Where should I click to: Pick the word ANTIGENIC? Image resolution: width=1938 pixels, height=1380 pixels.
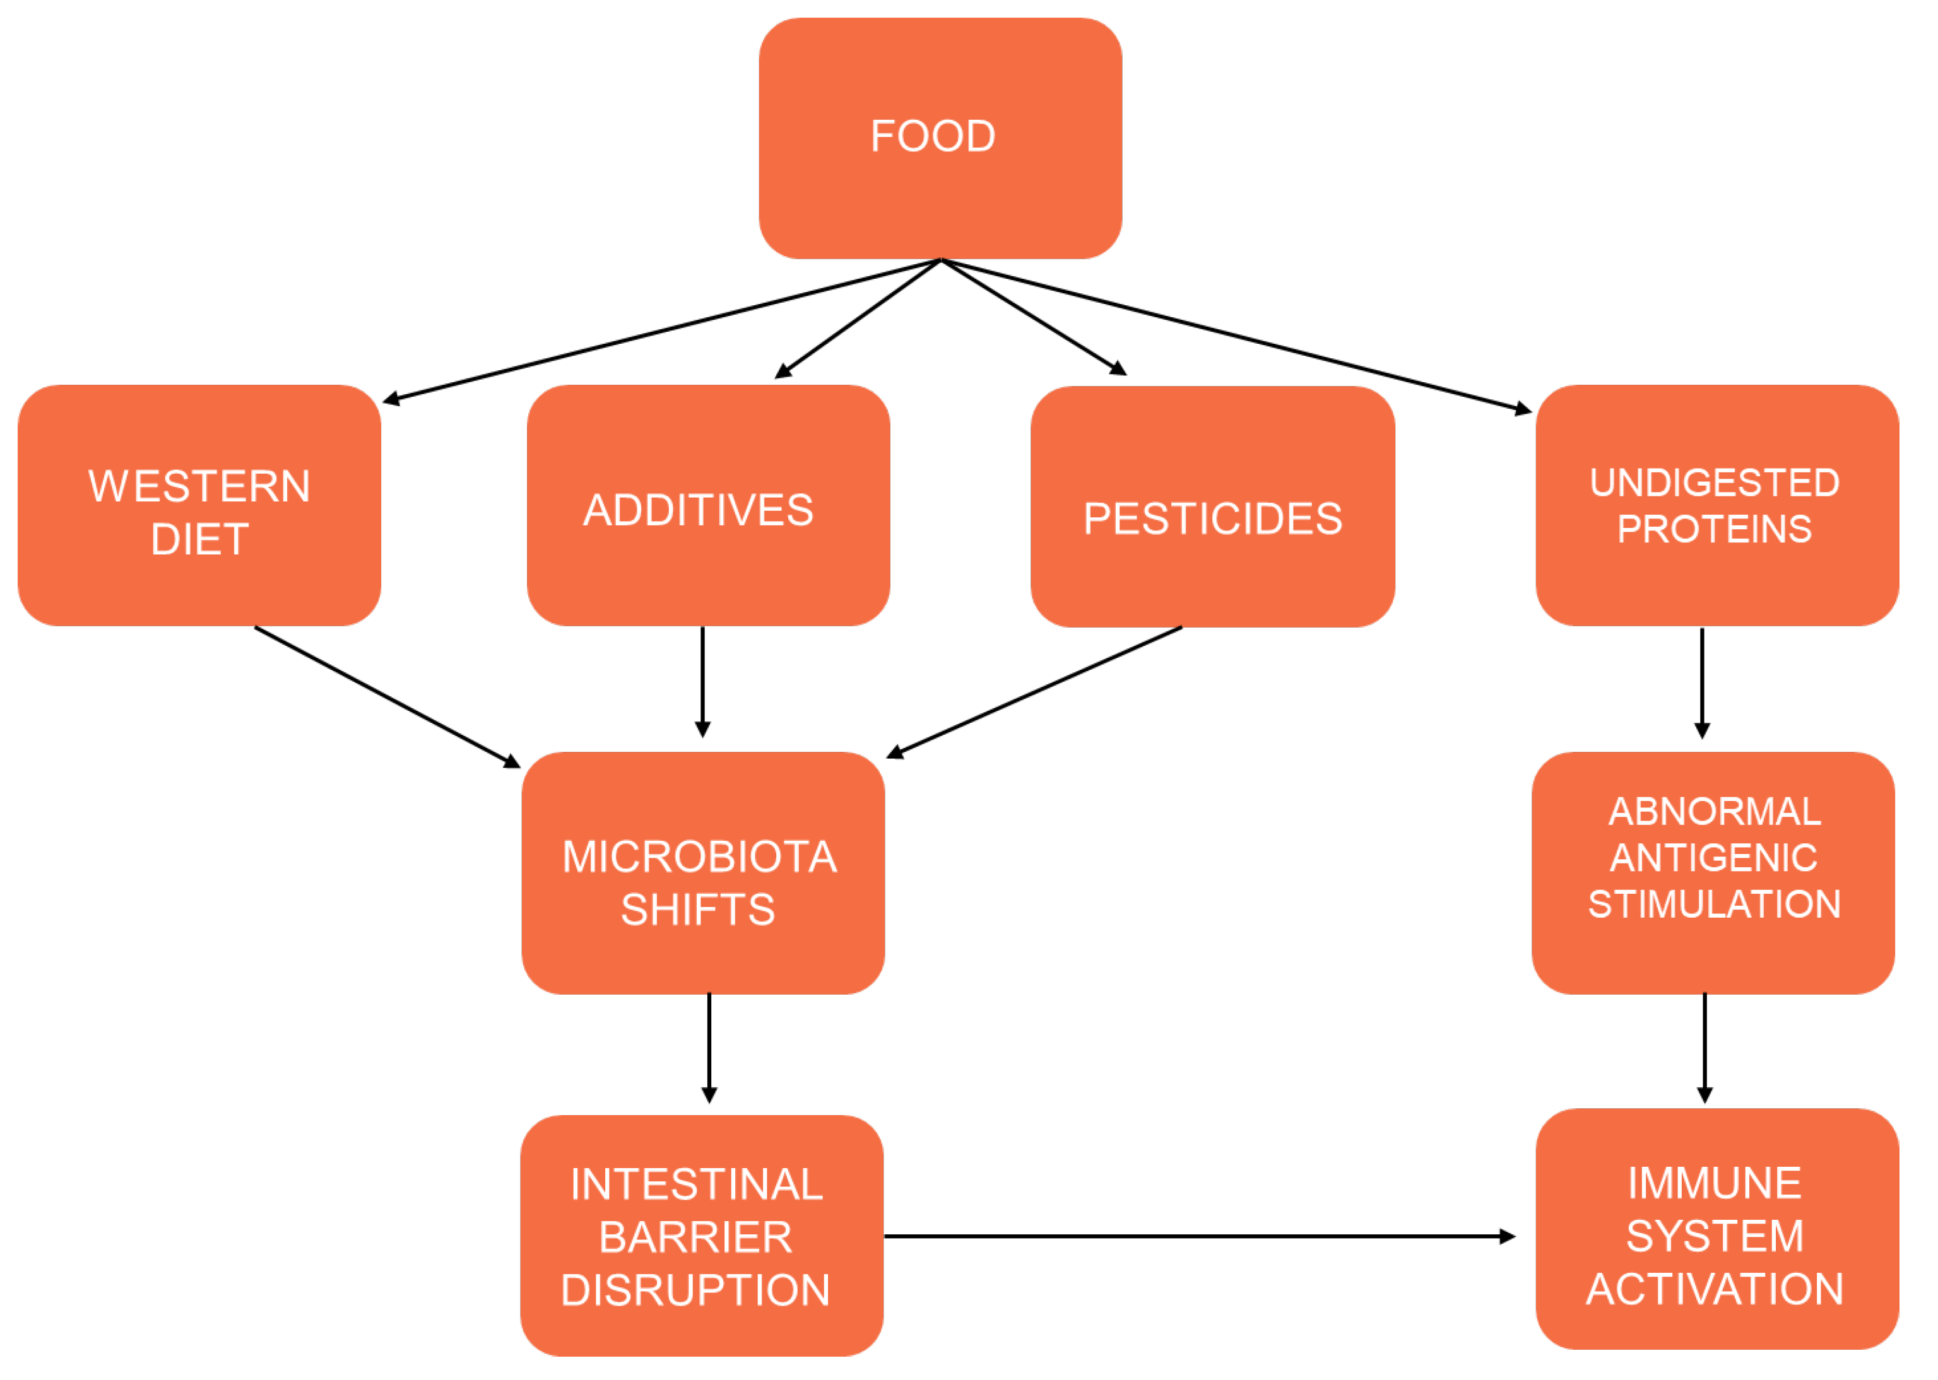coord(1713,858)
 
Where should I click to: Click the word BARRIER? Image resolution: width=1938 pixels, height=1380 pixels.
coord(695,1237)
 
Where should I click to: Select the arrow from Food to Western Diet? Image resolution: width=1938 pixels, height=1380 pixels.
coord(663,330)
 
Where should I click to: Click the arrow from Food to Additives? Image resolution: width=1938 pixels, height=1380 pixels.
coord(858,319)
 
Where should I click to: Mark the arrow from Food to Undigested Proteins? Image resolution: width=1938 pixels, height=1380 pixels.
coord(1232,334)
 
